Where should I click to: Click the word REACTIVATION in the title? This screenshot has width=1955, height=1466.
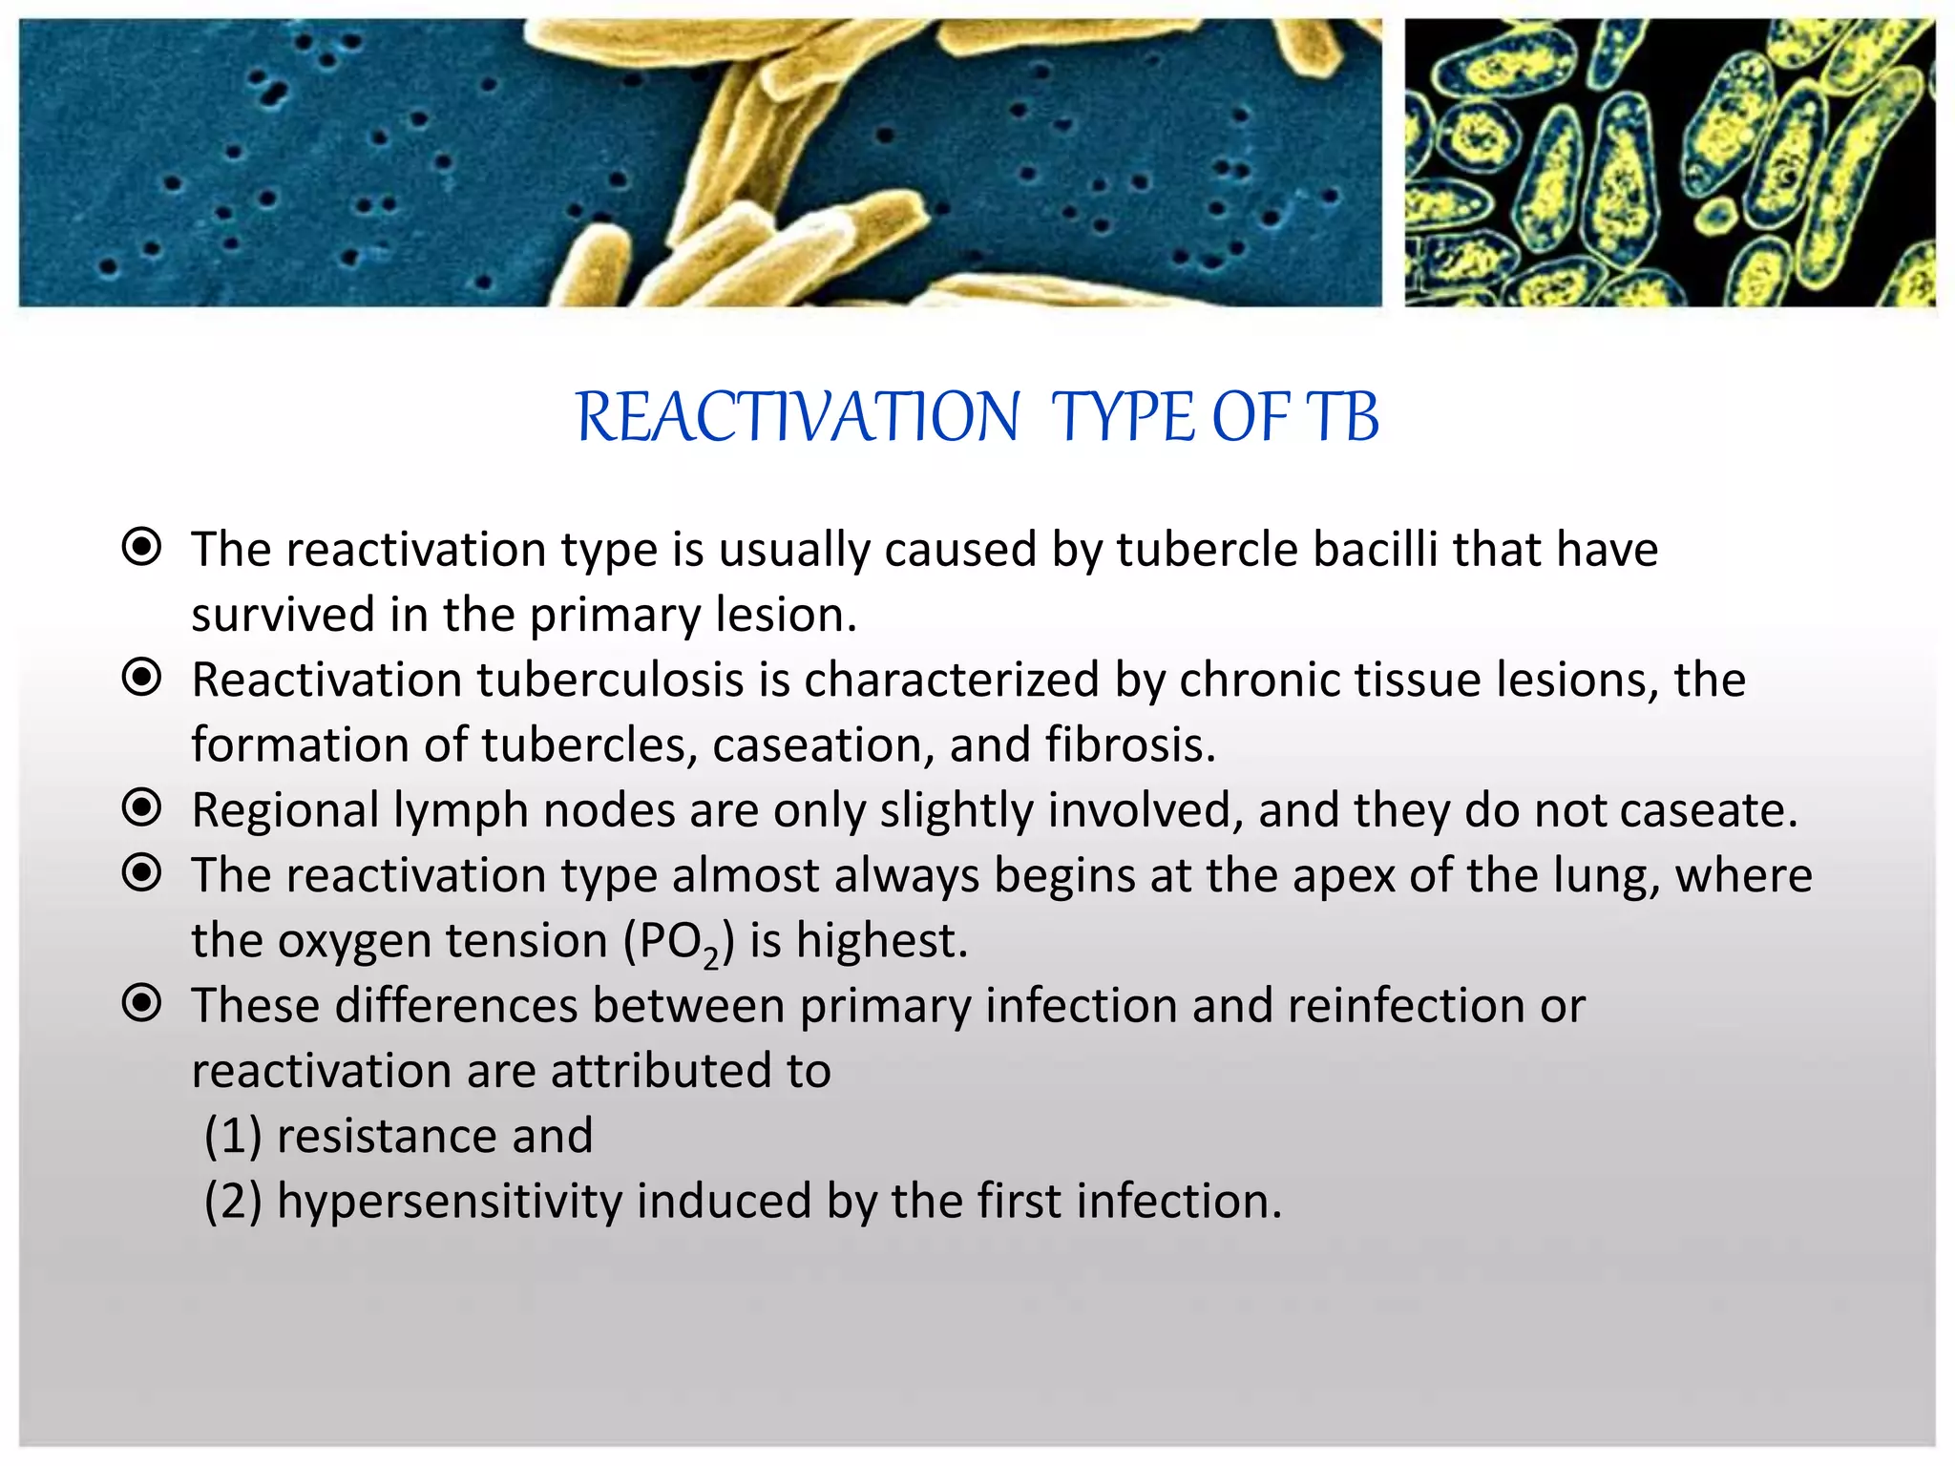(x=798, y=418)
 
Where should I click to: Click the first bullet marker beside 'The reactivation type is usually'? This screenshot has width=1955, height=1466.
(x=142, y=548)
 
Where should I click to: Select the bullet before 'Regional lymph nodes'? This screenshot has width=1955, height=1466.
(x=142, y=808)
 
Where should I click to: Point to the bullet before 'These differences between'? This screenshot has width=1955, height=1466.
(x=142, y=1004)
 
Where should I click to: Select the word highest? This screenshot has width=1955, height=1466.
(x=882, y=941)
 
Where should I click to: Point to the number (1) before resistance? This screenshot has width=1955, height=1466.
(x=233, y=1137)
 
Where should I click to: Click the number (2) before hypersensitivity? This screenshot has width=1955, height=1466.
(x=233, y=1202)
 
